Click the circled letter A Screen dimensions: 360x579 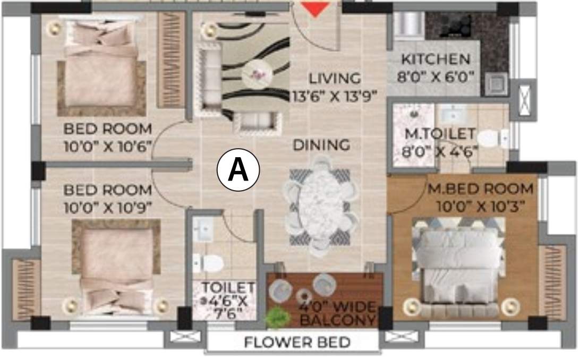coord(238,170)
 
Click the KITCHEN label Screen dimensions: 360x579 coord(435,59)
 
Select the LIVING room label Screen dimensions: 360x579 coord(335,79)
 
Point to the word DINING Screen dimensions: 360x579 coord(322,144)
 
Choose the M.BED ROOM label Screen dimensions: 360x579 coord(481,188)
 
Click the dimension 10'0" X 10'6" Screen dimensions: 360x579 coord(108,145)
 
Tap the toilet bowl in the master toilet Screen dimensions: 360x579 coord(491,139)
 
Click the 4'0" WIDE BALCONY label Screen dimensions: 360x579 coord(338,314)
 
